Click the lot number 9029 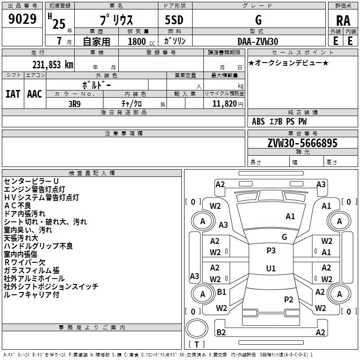tap(22, 18)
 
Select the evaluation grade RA tap(343, 21)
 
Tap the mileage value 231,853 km tap(53, 64)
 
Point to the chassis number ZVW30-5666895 tap(302, 143)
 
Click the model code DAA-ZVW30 tap(258, 41)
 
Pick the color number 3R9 tap(75, 104)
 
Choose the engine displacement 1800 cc tap(141, 41)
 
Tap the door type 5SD tap(174, 20)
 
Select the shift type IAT tap(13, 94)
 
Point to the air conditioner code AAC tap(35, 94)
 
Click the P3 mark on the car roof tap(271, 250)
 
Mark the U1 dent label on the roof tap(271, 268)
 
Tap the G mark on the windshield tap(284, 237)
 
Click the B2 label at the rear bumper tap(221, 332)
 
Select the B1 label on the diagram tap(221, 292)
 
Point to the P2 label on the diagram tap(288, 299)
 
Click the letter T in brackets tap(197, 344)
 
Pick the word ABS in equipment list tap(258, 121)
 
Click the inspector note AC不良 tap(18, 206)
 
